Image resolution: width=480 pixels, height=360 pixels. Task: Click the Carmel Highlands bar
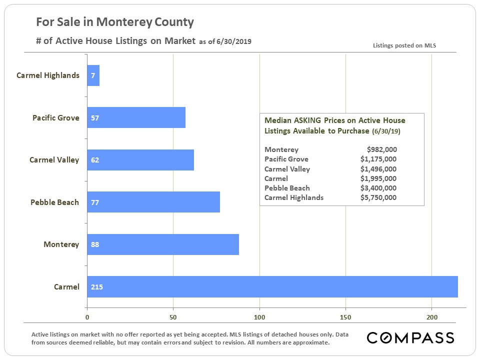pyautogui.click(x=93, y=75)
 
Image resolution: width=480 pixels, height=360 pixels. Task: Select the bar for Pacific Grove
pyautogui.click(x=136, y=118)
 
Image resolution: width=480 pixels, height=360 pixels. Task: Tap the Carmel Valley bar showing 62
pyautogui.click(x=140, y=160)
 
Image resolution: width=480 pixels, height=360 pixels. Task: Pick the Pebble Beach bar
pyautogui.click(x=153, y=202)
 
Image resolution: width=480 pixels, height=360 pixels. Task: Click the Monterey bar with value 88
pyautogui.click(x=163, y=244)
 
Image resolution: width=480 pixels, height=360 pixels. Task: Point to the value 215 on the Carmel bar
pyautogui.click(x=97, y=287)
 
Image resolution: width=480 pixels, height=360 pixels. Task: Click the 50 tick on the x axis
pyautogui.click(x=173, y=317)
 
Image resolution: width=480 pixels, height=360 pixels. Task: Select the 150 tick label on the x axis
pyautogui.click(x=345, y=317)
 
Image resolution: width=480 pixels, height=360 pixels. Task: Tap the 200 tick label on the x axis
pyautogui.click(x=432, y=317)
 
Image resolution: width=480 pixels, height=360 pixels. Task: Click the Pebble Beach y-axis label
pyautogui.click(x=54, y=202)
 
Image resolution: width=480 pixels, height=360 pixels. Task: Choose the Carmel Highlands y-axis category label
pyautogui.click(x=48, y=75)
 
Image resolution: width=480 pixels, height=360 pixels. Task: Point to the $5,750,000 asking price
pyautogui.click(x=378, y=197)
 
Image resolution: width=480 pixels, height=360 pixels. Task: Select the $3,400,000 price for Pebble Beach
pyautogui.click(x=378, y=188)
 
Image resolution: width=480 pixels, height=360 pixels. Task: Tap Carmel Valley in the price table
pyautogui.click(x=287, y=169)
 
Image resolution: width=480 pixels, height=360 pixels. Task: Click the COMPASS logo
pyautogui.click(x=410, y=337)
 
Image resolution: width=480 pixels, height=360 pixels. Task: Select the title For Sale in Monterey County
pyautogui.click(x=115, y=22)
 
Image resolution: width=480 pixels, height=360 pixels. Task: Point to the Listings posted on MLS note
pyautogui.click(x=404, y=45)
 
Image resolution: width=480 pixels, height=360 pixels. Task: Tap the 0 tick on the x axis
pyautogui.click(x=87, y=317)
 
